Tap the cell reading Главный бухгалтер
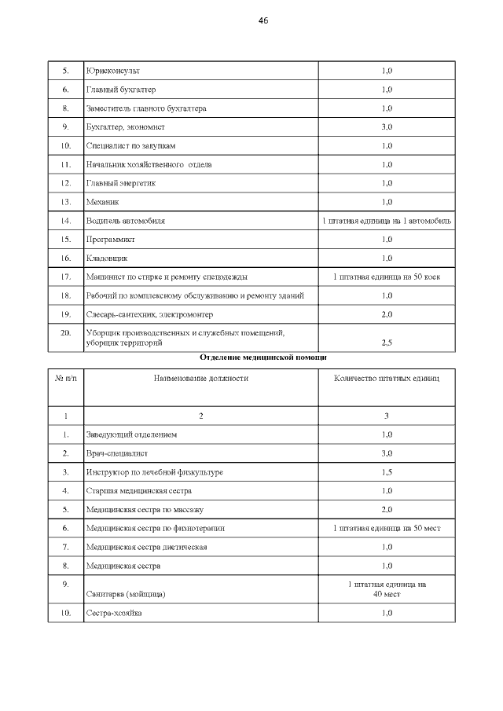pyautogui.click(x=121, y=90)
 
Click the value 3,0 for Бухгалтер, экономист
pyautogui.click(x=387, y=126)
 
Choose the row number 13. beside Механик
pyautogui.click(x=66, y=202)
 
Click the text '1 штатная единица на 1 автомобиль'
pyautogui.click(x=387, y=222)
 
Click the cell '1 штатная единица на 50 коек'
pyautogui.click(x=387, y=277)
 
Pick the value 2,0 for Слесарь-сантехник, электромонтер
pyautogui.click(x=387, y=314)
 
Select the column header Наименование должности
pyautogui.click(x=201, y=378)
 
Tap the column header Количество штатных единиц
pyautogui.click(x=387, y=378)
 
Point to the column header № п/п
pyautogui.click(x=66, y=378)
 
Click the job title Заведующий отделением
pyautogui.click(x=131, y=434)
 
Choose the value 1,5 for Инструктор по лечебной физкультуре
pyautogui.click(x=387, y=472)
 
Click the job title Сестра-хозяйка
pyautogui.click(x=114, y=613)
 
